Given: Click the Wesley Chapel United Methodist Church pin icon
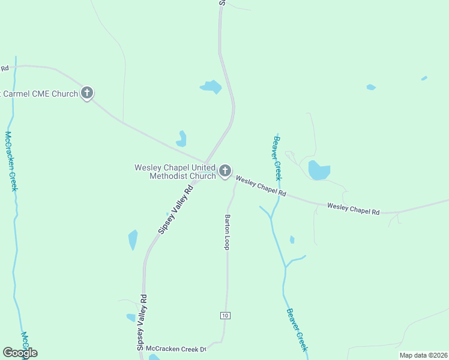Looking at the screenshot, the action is [x=225, y=172].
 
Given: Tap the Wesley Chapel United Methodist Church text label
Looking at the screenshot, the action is [x=175, y=172].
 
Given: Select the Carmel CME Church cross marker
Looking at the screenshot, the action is [x=87, y=93].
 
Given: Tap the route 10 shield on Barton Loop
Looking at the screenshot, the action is [x=224, y=316].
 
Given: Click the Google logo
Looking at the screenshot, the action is [x=20, y=352].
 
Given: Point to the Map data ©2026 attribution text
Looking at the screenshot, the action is [x=423, y=355].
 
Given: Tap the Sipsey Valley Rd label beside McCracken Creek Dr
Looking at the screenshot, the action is [x=142, y=323].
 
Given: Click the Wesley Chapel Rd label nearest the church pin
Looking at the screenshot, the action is [x=260, y=187].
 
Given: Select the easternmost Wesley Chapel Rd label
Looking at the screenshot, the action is [x=354, y=209].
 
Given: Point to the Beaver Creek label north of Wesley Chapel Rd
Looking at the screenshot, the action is [x=277, y=158].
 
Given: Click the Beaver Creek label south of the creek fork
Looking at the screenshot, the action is [x=297, y=329].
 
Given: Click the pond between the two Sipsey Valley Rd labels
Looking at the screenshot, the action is [x=133, y=239].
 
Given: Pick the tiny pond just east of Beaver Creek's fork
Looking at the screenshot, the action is [x=292, y=239].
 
